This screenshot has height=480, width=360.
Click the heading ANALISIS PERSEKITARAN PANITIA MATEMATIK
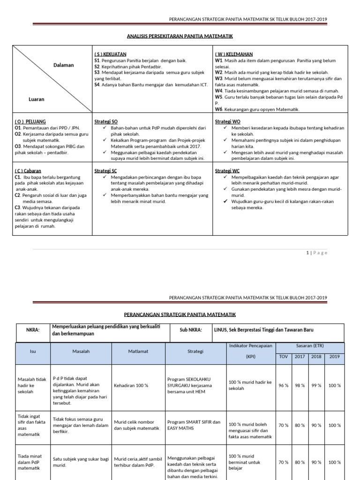(180, 36)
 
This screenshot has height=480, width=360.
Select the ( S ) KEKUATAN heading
(110, 54)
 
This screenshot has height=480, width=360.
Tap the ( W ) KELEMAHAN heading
(234, 54)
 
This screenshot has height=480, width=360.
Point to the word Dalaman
(63, 65)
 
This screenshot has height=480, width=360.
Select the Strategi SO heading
(106, 121)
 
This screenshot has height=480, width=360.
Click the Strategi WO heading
(227, 121)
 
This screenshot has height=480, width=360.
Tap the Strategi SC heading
(105, 171)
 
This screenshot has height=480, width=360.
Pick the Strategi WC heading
(227, 171)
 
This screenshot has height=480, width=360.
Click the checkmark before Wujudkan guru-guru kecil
(226, 201)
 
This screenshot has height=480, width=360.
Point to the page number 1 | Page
(317, 253)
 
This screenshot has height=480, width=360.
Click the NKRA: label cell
(32, 330)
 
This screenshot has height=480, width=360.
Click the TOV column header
(283, 356)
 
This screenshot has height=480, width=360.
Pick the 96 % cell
(283, 385)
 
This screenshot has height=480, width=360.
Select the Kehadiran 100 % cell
(131, 385)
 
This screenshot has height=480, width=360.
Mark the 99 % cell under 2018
(316, 385)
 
